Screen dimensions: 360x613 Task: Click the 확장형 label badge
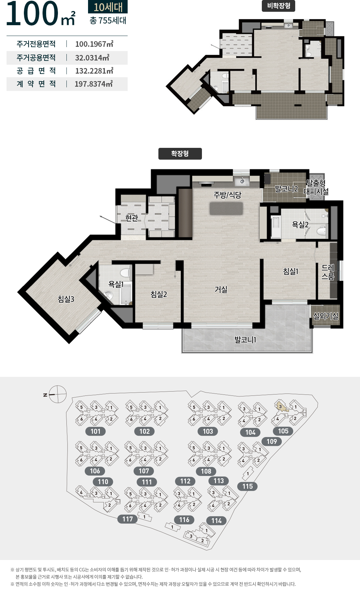click(180, 154)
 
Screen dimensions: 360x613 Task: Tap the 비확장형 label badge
click(279, 6)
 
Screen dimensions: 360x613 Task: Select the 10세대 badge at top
click(108, 7)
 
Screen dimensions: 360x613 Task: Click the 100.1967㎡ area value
click(94, 44)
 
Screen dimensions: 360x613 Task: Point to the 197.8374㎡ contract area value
click(94, 84)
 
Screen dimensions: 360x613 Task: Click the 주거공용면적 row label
click(36, 58)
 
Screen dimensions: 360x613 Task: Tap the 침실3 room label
click(66, 299)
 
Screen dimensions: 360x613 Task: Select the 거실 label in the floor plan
click(221, 289)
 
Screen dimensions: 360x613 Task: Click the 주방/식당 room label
click(227, 195)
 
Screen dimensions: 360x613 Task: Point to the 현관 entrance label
click(132, 218)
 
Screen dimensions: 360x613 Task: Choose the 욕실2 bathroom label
click(300, 224)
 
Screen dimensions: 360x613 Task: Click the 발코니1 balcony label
click(245, 340)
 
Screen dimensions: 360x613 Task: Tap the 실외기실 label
click(326, 316)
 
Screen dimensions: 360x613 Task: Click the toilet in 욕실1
click(125, 273)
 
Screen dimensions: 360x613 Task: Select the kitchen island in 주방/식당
click(226, 208)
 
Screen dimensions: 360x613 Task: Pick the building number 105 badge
click(283, 431)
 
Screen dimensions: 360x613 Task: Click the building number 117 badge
click(128, 519)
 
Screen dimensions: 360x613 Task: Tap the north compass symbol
click(58, 394)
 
